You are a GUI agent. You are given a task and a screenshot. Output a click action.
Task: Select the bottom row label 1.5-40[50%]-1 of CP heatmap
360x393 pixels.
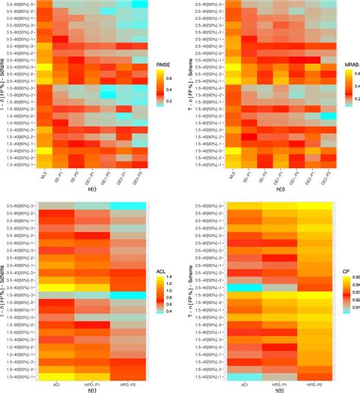tap(208, 376)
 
